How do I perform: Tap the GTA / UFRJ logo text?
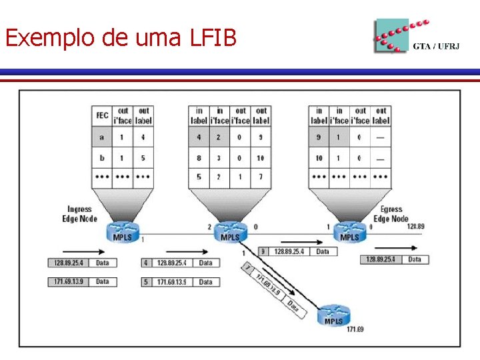[x=437, y=47]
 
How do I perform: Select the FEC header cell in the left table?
[x=101, y=115]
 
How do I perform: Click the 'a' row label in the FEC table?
[x=101, y=137]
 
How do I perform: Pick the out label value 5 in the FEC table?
[x=143, y=159]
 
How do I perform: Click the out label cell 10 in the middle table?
[x=261, y=159]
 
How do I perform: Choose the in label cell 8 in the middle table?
[x=199, y=159]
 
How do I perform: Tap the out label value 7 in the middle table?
[x=261, y=178]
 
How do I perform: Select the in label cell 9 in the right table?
[x=319, y=137]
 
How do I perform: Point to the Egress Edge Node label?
[x=391, y=214]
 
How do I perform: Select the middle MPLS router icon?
[x=230, y=233]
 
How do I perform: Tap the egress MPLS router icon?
[x=349, y=233]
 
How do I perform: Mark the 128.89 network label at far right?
[x=415, y=227]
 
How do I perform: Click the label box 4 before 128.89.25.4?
[x=147, y=263]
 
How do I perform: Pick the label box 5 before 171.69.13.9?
[x=147, y=282]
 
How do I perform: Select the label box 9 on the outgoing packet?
[x=263, y=251]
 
